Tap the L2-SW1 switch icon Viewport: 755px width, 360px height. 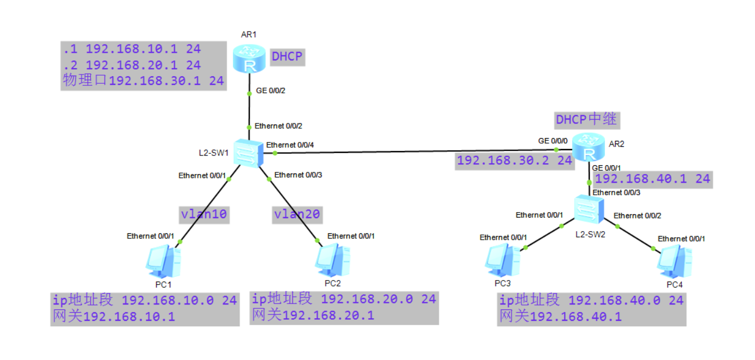[x=249, y=153]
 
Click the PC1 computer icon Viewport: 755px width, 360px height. [x=162, y=262]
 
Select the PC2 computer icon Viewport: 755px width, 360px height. [x=332, y=261]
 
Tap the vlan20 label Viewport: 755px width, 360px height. [x=297, y=214]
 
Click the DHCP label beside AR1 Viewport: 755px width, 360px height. [x=287, y=56]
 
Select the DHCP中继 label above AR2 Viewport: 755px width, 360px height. [x=586, y=119]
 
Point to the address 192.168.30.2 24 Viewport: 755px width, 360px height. [x=515, y=160]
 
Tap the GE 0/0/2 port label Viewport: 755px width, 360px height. [x=270, y=91]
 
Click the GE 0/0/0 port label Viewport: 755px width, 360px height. [x=553, y=141]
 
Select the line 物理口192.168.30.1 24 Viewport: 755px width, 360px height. [x=143, y=81]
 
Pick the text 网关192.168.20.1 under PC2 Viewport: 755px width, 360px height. [x=313, y=315]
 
